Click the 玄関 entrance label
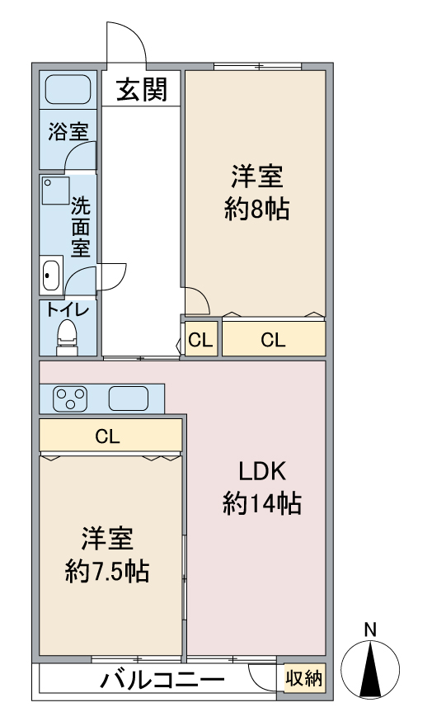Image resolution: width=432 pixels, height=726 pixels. (141, 88)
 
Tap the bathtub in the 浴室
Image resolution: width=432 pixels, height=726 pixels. (68, 88)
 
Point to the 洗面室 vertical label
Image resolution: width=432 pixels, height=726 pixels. (80, 225)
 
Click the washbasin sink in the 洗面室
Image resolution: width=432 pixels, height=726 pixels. (51, 274)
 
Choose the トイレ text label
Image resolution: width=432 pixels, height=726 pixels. (67, 309)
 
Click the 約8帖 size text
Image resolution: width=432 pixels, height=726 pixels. (256, 210)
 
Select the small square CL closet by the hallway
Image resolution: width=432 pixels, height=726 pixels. (200, 339)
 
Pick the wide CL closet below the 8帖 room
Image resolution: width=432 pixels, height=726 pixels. (274, 339)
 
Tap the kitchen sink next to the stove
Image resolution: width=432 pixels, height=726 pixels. (128, 398)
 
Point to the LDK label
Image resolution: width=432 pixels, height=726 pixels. (261, 472)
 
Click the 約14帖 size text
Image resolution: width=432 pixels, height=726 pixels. (261, 502)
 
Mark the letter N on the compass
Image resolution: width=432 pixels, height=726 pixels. (370, 629)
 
